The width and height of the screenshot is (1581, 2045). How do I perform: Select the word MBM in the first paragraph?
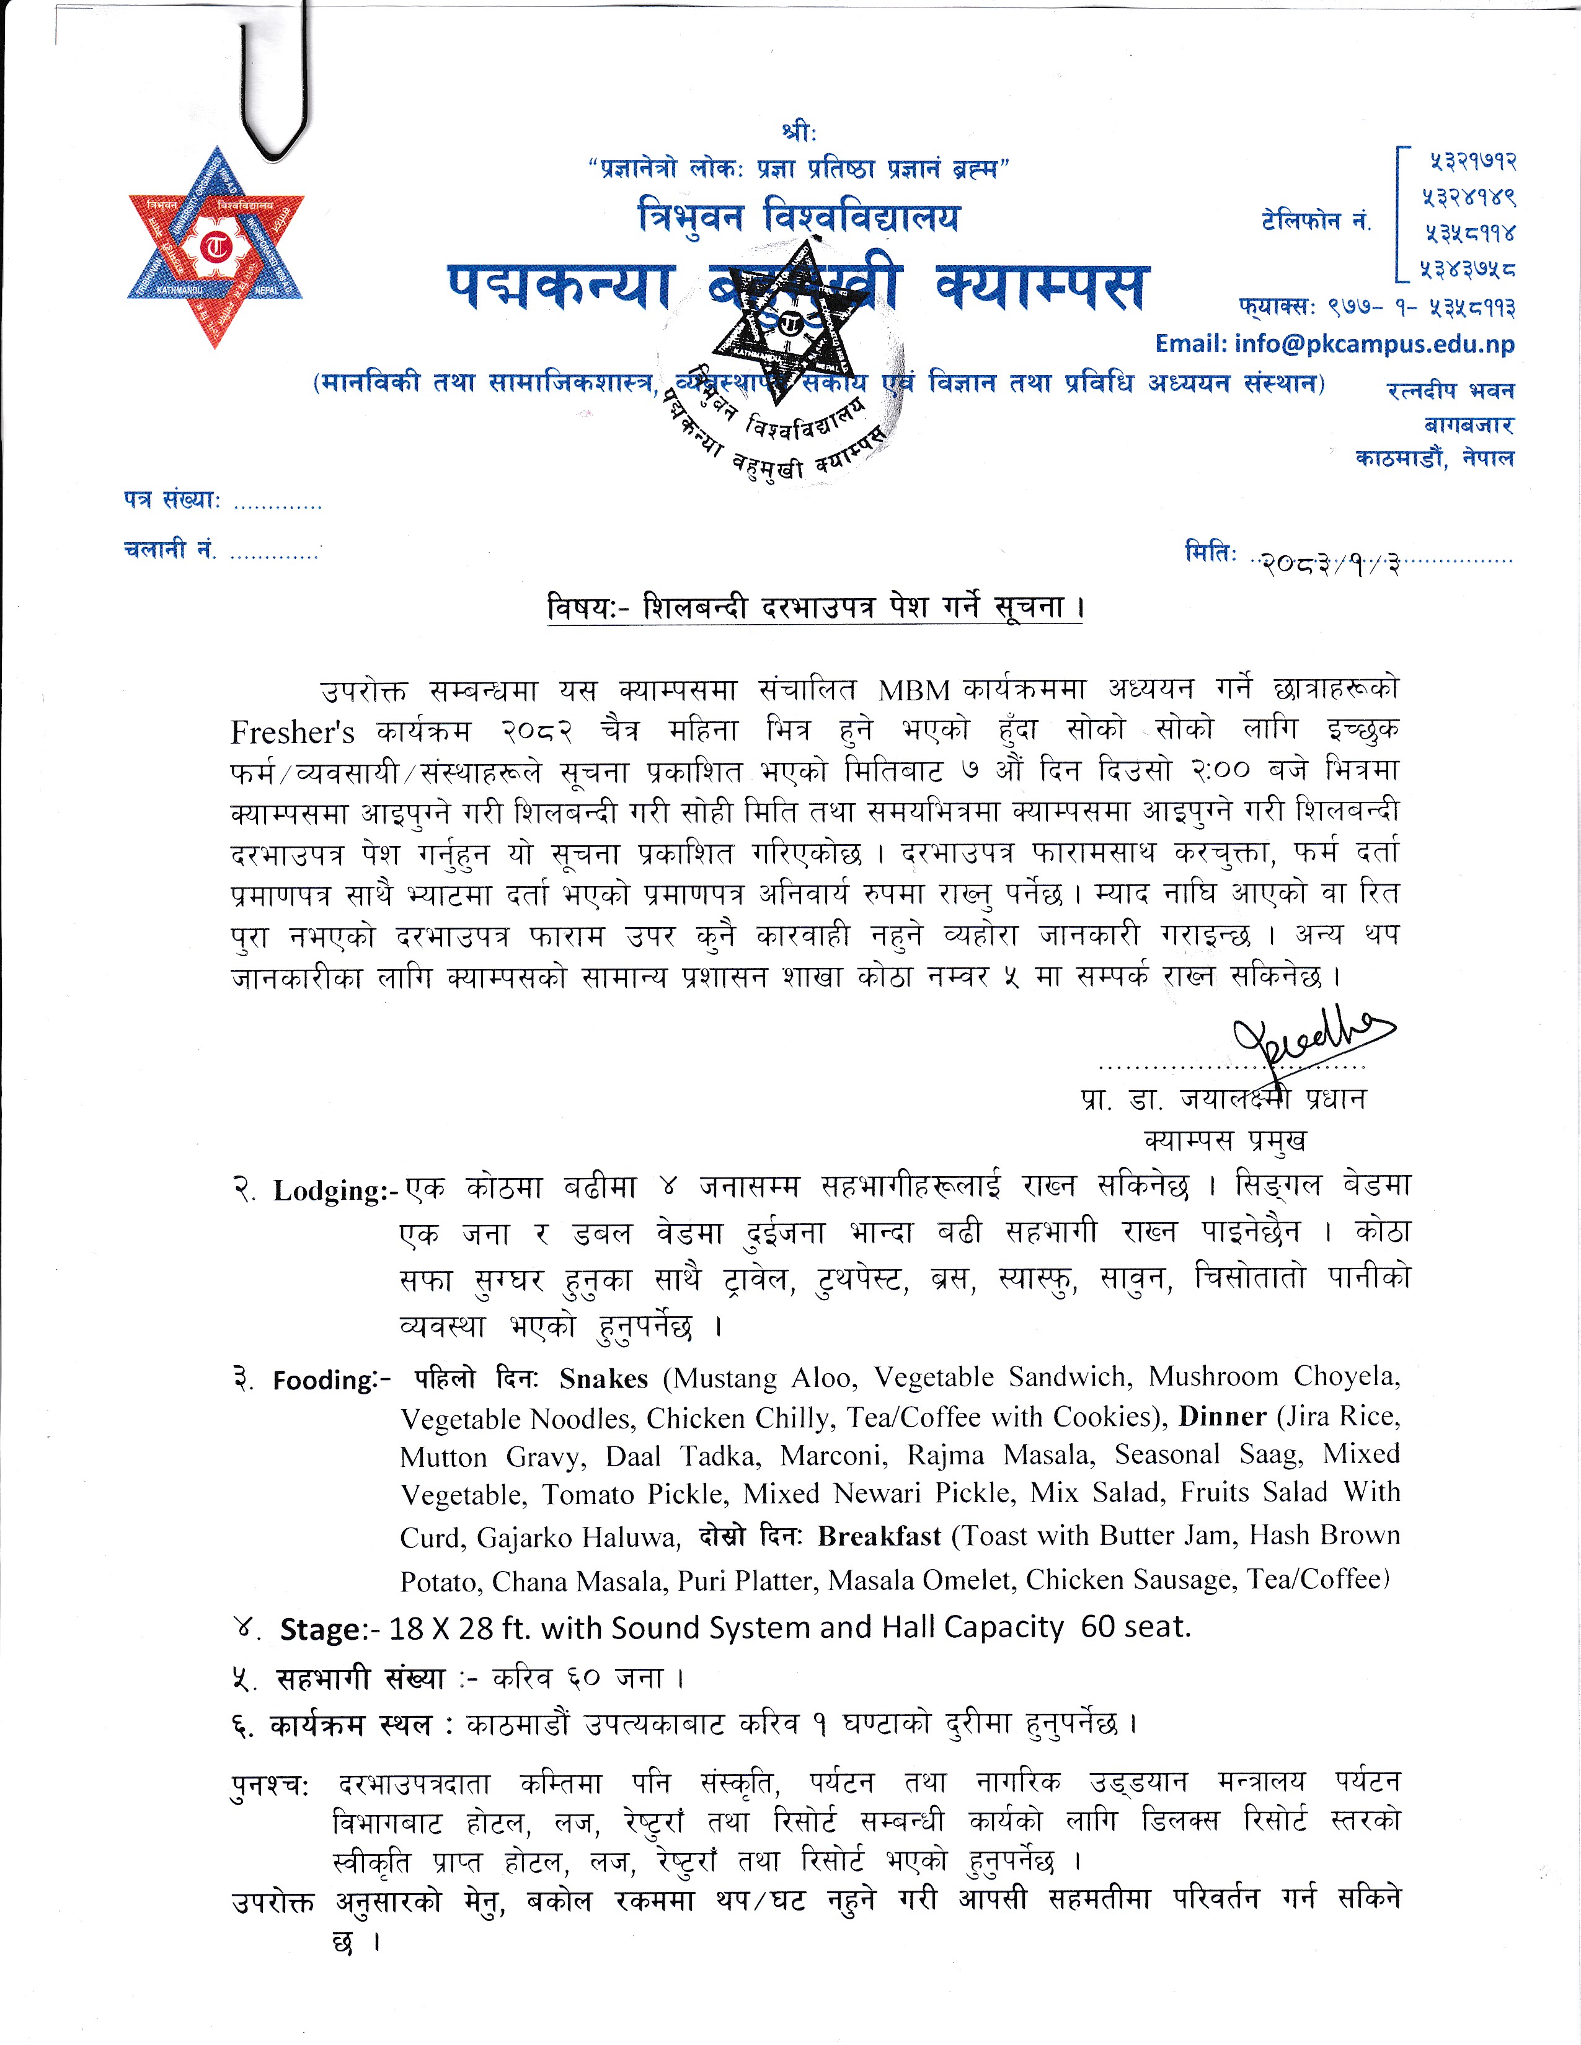click(913, 690)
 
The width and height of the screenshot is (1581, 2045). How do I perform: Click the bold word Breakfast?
click(879, 1537)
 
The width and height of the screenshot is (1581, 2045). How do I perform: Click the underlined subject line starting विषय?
click(815, 608)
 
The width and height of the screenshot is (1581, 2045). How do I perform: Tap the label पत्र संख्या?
click(171, 501)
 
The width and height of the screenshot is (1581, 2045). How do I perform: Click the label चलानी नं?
click(169, 550)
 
